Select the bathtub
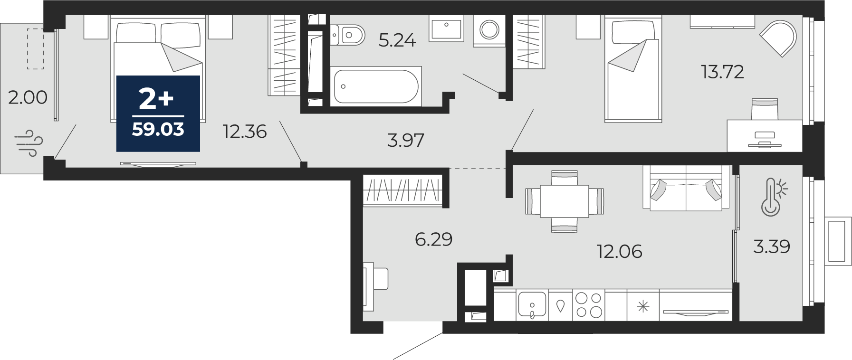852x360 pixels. coord(376,86)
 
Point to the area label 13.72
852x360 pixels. coord(722,72)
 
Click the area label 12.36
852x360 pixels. coord(245,132)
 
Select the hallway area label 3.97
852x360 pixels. coord(405,141)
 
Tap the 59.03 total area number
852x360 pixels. coord(158,129)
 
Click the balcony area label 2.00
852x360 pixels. coord(28,97)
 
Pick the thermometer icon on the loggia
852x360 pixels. coord(774,197)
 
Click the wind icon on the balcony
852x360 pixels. coord(29,143)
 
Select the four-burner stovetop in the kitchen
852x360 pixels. coord(589,304)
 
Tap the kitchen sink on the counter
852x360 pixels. coord(532,304)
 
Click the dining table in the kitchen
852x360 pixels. coord(565,201)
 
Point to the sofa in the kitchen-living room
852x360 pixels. coord(686,188)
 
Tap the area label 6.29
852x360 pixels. coord(433,239)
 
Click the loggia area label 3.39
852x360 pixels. coord(772,246)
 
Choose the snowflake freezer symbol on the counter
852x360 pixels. coord(643,305)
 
